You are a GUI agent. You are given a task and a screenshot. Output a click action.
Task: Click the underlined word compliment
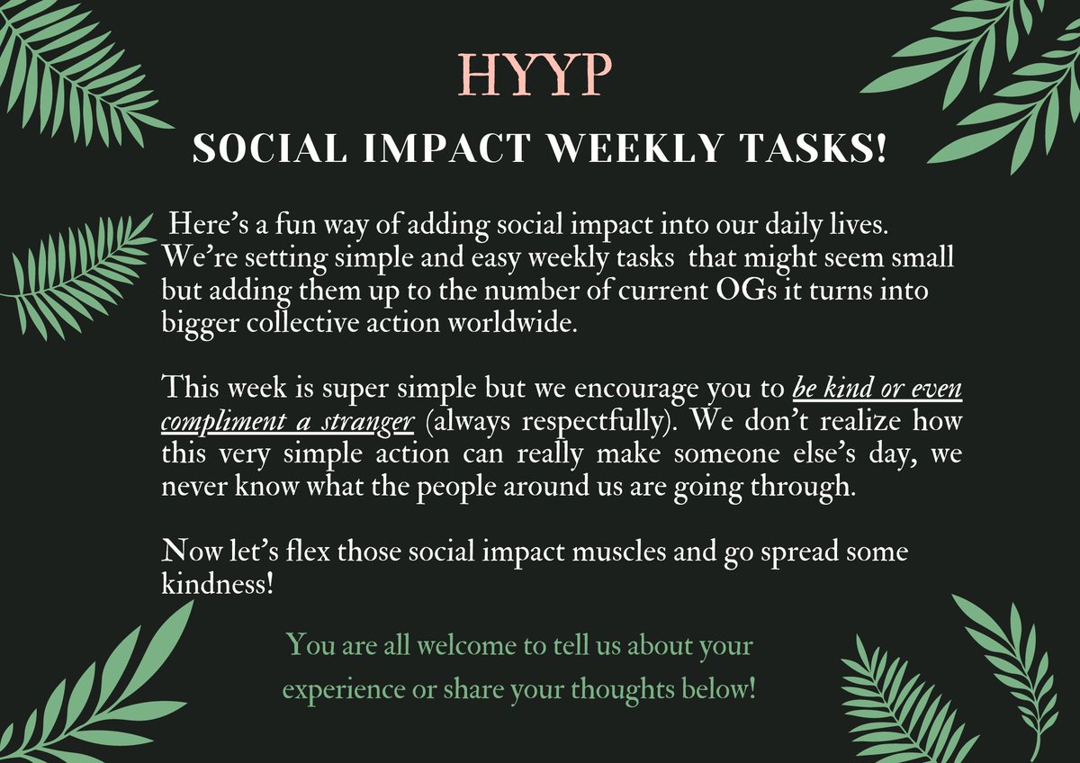[220, 422]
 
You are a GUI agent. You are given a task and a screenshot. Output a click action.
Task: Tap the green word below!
[721, 691]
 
